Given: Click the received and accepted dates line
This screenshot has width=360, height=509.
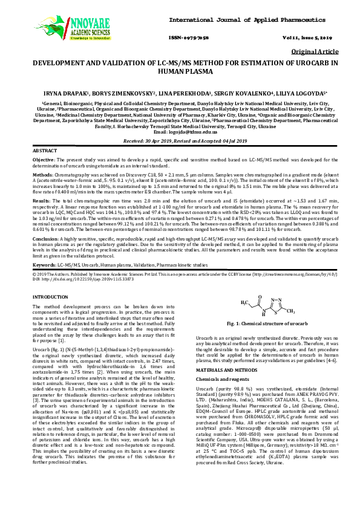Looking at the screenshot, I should click(180, 140).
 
